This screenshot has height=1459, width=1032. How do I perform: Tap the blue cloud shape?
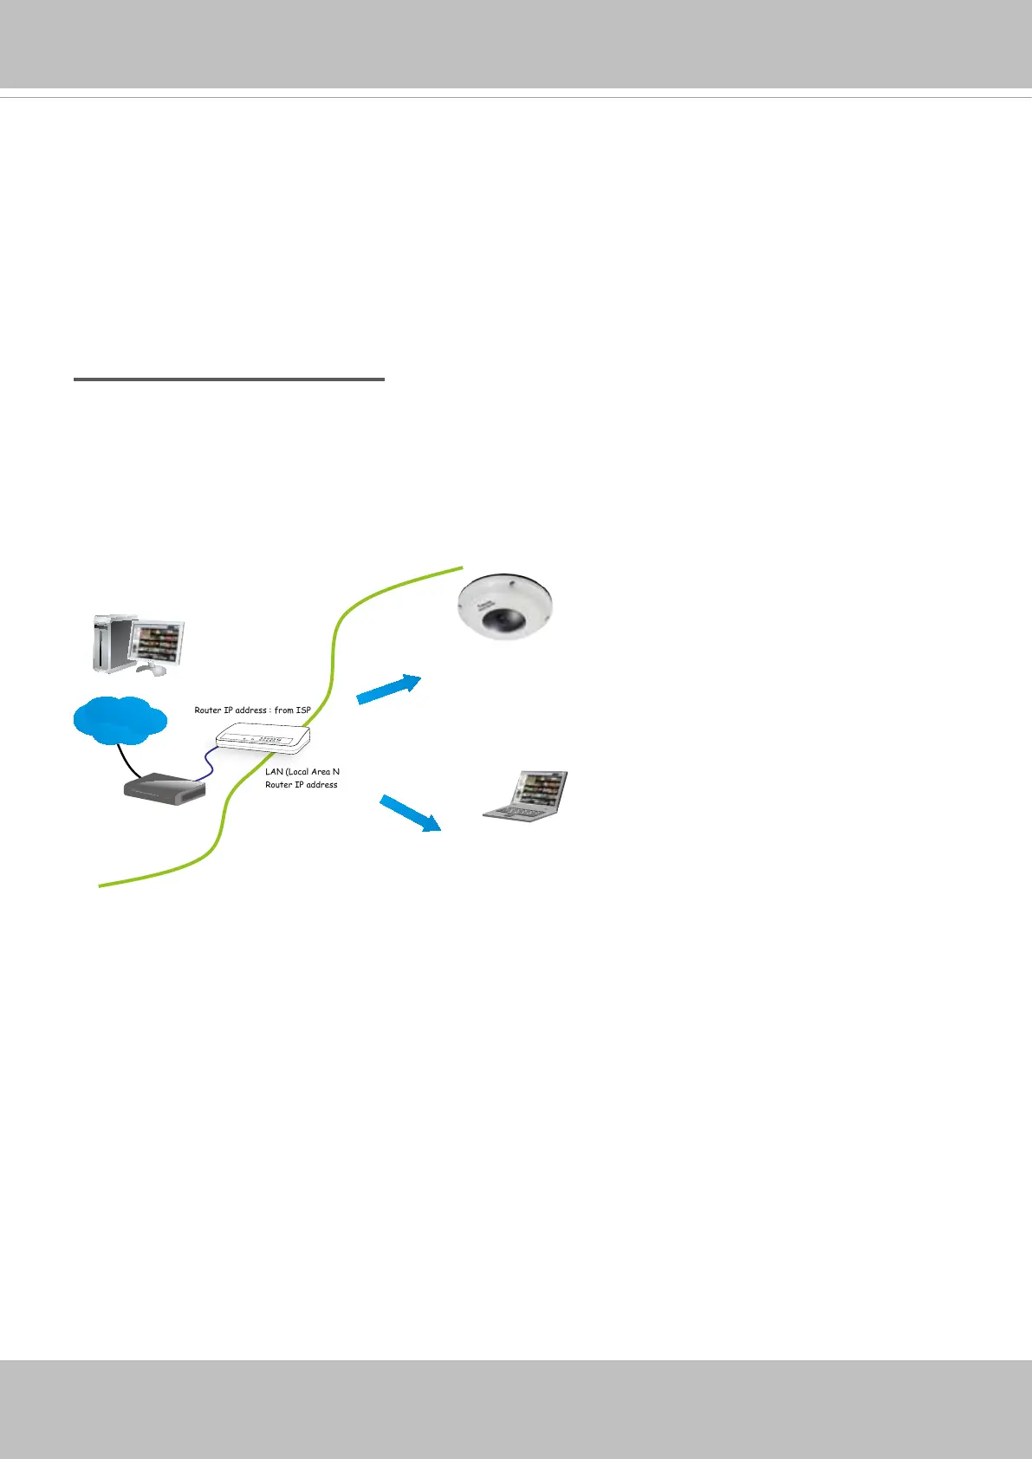(x=120, y=720)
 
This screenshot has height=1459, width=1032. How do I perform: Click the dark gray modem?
(x=165, y=787)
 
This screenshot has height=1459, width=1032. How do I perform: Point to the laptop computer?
(x=526, y=796)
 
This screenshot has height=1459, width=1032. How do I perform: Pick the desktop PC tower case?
(x=111, y=643)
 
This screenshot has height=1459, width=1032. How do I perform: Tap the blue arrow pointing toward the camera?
(x=388, y=689)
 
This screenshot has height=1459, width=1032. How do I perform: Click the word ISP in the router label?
(x=302, y=710)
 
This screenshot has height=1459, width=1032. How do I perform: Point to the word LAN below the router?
(x=274, y=771)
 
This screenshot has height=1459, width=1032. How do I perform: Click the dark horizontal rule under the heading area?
(x=229, y=379)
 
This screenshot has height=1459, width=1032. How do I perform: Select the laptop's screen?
(x=540, y=789)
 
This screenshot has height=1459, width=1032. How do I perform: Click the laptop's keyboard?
(x=513, y=814)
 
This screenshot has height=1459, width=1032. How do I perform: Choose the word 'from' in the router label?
(x=283, y=710)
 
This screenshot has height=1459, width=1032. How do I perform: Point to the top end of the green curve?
(x=462, y=567)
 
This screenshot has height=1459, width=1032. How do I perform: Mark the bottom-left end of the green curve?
(x=101, y=885)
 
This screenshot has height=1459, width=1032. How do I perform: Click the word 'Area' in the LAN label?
(x=321, y=771)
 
